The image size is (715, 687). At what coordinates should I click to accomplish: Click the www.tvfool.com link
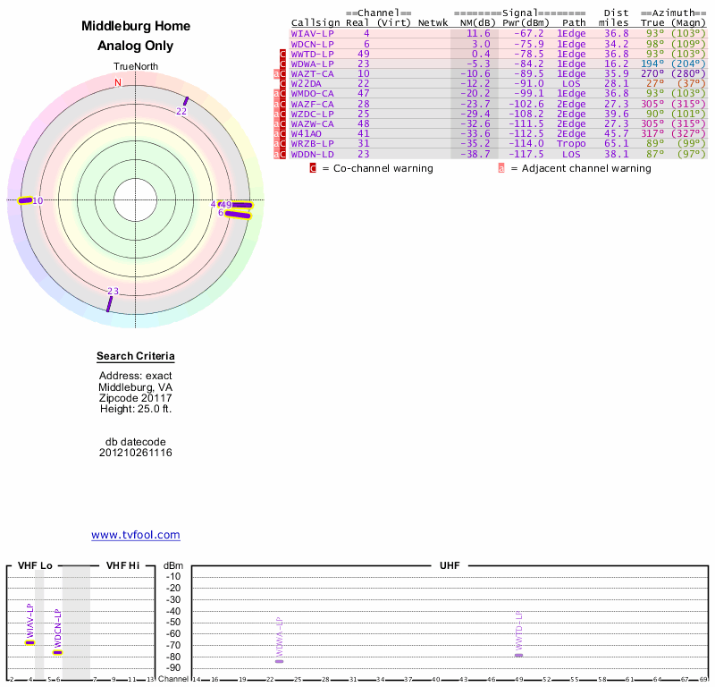coord(136,535)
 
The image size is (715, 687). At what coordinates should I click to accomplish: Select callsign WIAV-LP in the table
coord(312,33)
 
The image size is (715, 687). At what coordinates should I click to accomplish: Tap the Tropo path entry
coord(572,143)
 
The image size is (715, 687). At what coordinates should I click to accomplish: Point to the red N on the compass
coord(118,83)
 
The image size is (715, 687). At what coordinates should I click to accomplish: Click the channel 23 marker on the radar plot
coord(109,303)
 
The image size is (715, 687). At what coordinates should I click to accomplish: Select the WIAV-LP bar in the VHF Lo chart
coord(29,642)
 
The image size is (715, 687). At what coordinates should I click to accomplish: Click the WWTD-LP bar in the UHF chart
coord(518,656)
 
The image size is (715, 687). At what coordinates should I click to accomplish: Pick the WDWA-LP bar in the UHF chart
coord(279,660)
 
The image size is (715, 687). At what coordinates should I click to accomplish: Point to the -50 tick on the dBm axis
coord(173,622)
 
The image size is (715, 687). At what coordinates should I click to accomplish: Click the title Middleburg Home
coord(136,27)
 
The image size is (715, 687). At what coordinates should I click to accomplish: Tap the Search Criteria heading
coord(135,356)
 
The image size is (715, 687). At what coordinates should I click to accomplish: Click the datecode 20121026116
coord(136,453)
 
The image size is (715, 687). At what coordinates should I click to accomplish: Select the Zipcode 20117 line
coord(136,398)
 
